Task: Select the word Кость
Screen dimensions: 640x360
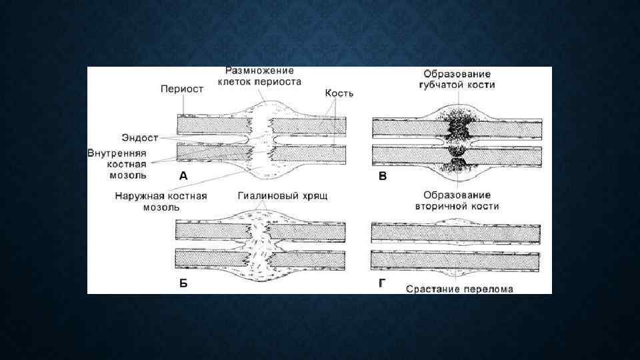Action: tap(339, 94)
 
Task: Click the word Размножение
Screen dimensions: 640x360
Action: tap(259, 70)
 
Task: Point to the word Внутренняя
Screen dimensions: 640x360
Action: tap(116, 152)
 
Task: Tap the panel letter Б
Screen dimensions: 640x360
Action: tap(183, 283)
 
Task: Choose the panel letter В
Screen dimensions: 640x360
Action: tap(382, 175)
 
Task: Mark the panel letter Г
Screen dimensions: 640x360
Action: tap(382, 283)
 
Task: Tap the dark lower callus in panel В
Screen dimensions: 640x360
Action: tap(458, 164)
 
